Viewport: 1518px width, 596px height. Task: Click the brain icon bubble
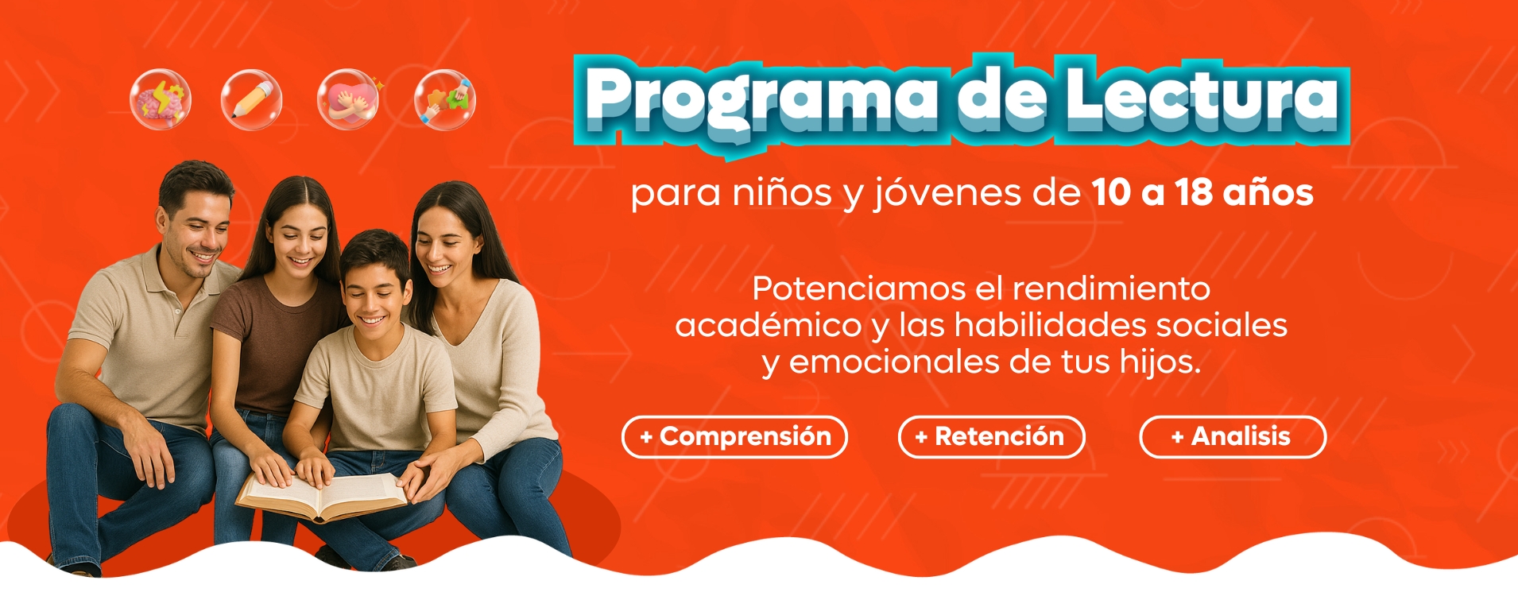pos(161,99)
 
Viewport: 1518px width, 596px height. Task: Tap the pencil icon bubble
pos(252,99)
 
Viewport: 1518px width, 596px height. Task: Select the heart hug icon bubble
pos(348,99)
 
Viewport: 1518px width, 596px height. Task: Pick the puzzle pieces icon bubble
pos(445,99)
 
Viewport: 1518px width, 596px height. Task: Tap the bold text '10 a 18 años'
pos(1202,193)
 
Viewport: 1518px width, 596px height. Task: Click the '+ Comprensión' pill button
pos(735,437)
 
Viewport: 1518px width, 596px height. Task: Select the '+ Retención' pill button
pos(991,437)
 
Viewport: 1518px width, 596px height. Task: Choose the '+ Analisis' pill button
pos(1233,437)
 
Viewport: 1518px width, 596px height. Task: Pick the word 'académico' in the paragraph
pos(769,326)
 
